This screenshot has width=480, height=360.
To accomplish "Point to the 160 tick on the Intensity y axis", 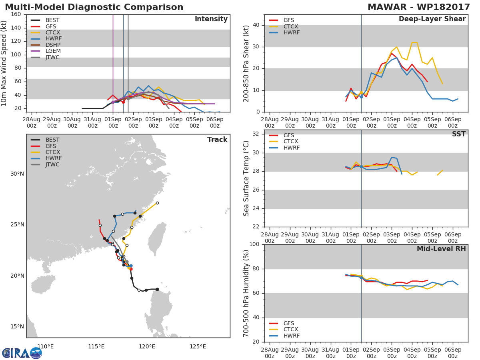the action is pos(16,14).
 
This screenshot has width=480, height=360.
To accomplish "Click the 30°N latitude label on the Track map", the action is pos(17,174).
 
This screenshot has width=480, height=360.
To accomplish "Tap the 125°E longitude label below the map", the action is pos(198,346).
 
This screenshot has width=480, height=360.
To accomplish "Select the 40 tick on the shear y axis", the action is pos(256,25).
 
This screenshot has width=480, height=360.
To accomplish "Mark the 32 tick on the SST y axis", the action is pos(256,134).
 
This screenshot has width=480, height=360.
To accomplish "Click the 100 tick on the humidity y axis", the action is pos(254,244).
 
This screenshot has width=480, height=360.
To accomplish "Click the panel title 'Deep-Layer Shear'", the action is pos(432,19).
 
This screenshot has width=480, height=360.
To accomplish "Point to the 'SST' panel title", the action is pos(459,134).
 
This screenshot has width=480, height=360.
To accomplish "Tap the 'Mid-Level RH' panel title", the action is pos(441,249).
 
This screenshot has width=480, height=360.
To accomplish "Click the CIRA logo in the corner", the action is pos(22,352).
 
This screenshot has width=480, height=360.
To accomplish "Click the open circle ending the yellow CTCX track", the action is pos(157,203).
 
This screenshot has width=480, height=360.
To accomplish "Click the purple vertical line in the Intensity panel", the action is pos(113,63).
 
